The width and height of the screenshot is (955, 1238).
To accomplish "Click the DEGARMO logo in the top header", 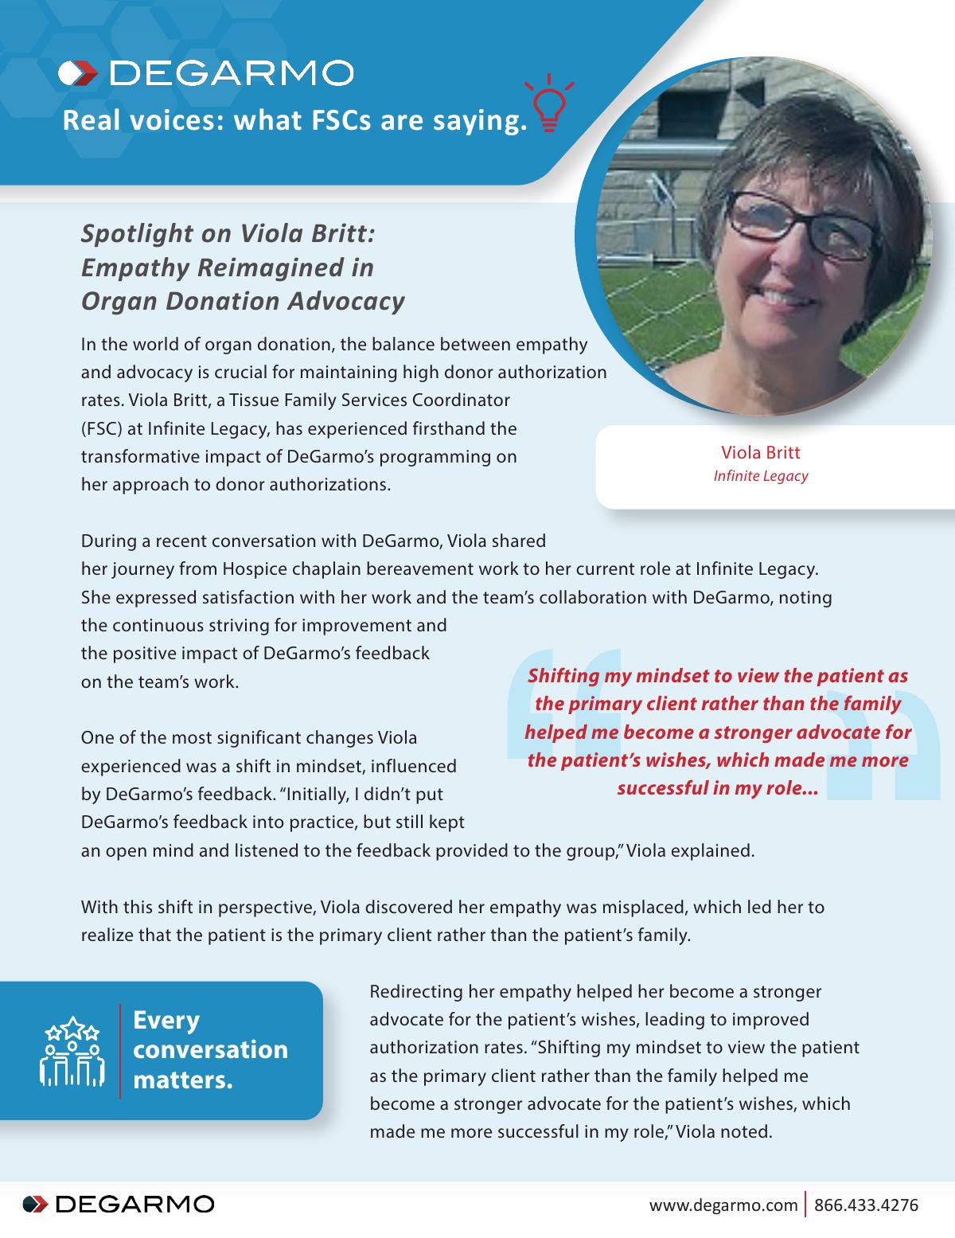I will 206,73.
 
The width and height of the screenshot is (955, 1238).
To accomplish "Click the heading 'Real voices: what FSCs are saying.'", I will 294,121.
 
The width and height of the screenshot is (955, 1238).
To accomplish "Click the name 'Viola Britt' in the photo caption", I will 760,453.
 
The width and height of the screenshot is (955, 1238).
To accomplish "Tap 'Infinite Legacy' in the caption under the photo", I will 760,476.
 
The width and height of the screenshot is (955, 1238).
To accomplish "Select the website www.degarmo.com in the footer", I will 723,1205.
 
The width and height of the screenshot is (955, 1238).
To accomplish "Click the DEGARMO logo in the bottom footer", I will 119,1204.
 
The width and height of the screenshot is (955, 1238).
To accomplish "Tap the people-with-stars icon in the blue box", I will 72,1050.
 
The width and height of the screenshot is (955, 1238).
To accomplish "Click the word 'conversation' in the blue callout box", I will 210,1049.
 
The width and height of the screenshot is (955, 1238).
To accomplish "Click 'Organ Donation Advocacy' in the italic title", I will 243,302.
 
